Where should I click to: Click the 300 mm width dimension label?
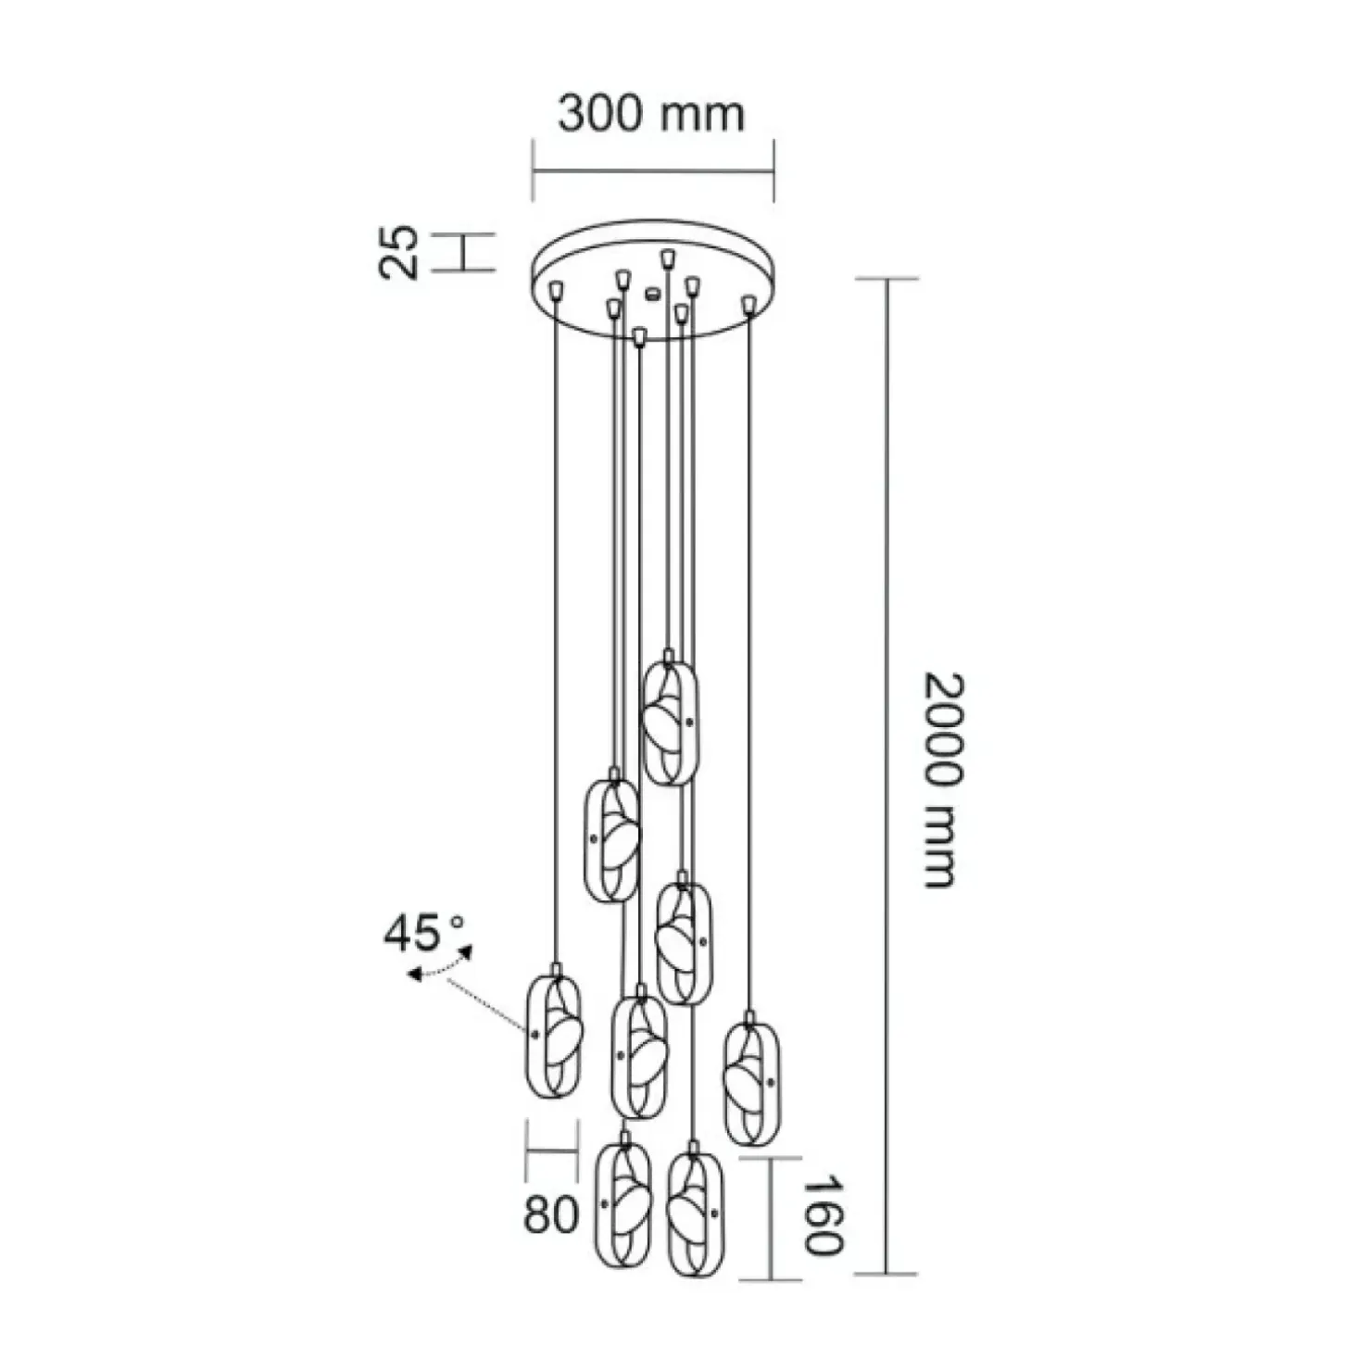[x=651, y=114]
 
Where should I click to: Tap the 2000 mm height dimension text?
[x=945, y=781]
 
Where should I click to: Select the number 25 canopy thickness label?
[x=399, y=251]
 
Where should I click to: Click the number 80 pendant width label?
[x=551, y=1214]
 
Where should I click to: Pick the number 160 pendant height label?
[x=822, y=1215]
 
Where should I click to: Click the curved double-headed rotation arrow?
[x=440, y=963]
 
